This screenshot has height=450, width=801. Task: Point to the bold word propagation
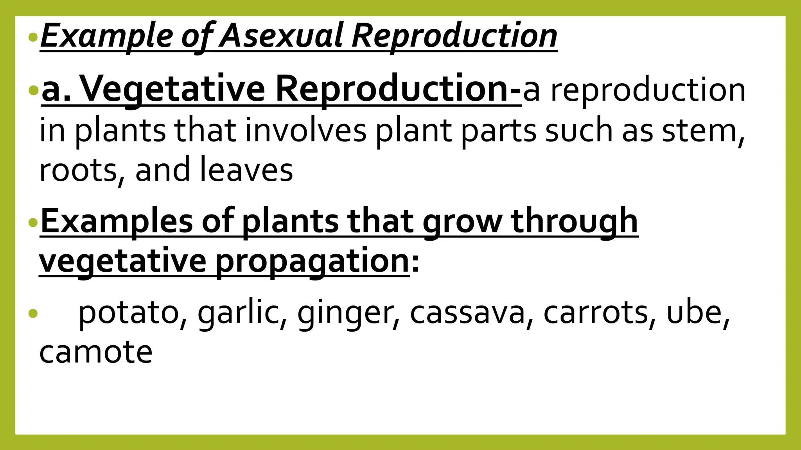[312, 261]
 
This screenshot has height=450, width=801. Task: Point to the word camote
[96, 352]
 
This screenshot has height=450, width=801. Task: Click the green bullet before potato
[33, 313]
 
